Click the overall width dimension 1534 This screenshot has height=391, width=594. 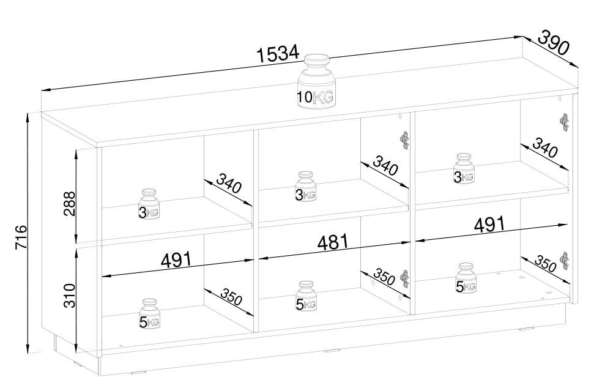(x=278, y=54)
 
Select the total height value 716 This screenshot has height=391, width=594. (x=21, y=237)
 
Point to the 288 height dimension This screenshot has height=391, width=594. (x=70, y=204)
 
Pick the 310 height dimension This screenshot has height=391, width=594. (x=70, y=296)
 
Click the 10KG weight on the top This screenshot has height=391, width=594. (x=316, y=82)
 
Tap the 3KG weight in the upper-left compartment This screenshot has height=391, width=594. (x=149, y=204)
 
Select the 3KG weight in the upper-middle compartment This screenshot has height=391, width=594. (x=305, y=186)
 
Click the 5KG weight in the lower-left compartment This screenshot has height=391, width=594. (x=150, y=314)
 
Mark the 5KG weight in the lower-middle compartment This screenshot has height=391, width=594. (x=305, y=296)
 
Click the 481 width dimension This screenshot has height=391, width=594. (x=333, y=242)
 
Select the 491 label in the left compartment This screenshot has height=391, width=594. (x=177, y=259)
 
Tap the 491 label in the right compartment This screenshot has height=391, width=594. (x=489, y=225)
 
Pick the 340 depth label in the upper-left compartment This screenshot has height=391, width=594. (x=229, y=183)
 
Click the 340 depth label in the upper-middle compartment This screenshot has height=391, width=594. (x=385, y=166)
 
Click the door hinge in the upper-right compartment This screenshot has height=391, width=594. (x=564, y=122)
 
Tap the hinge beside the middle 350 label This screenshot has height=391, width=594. (x=405, y=279)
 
